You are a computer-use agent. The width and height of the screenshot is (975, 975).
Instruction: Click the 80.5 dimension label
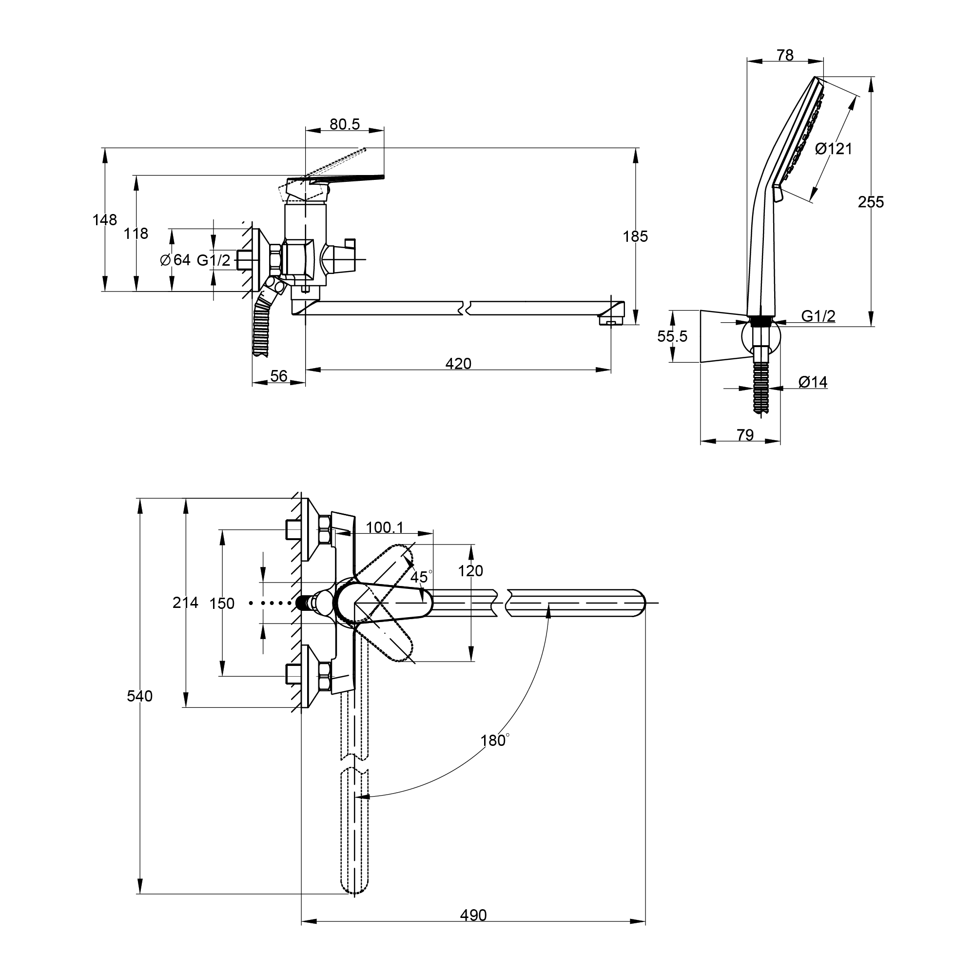click(x=345, y=124)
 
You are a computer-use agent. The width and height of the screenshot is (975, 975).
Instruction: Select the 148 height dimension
click(x=104, y=220)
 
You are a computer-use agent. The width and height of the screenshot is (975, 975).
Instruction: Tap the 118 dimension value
click(x=136, y=233)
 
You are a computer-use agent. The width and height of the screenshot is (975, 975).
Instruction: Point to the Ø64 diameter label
click(x=175, y=260)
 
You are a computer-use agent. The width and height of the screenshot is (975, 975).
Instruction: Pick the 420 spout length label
click(x=458, y=363)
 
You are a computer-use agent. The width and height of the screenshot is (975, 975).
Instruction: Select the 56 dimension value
click(x=278, y=376)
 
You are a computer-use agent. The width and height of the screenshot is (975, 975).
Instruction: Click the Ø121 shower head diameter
click(x=834, y=148)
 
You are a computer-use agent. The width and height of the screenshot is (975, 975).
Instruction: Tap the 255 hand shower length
click(x=871, y=202)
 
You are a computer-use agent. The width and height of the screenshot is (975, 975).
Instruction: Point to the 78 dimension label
click(x=785, y=55)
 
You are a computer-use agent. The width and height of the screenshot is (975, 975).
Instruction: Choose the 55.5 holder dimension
click(x=672, y=336)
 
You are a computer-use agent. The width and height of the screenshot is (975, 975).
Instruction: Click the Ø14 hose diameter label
click(x=813, y=382)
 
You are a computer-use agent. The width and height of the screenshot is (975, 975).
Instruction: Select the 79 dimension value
click(x=745, y=434)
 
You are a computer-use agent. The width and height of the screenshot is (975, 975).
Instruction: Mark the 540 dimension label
click(x=139, y=696)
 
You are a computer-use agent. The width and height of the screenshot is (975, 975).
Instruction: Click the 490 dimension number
click(x=473, y=915)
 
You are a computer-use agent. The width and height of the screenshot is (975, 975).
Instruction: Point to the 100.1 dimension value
click(x=385, y=527)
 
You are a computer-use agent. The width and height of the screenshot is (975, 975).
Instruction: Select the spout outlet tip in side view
click(x=612, y=319)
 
